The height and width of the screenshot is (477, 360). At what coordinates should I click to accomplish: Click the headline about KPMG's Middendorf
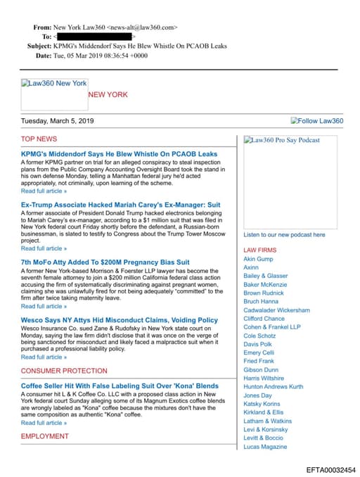tap(119, 153)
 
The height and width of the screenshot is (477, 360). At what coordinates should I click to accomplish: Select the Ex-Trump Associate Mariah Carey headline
tap(120, 205)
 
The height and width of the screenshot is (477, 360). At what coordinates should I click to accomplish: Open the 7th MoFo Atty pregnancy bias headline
tap(105, 262)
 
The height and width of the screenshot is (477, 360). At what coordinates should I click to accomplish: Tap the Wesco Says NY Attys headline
tap(119, 320)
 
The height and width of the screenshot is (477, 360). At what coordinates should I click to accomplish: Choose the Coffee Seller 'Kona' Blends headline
tap(120, 386)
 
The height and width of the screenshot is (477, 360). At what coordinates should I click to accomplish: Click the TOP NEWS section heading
tap(39, 139)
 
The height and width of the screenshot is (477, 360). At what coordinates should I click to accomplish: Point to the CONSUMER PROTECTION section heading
tap(64, 371)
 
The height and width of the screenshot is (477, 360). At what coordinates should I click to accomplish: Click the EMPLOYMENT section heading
tap(45, 436)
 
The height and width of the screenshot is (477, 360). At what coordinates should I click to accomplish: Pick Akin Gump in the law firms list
tap(258, 259)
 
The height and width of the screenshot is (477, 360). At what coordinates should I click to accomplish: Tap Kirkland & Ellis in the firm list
tap(264, 412)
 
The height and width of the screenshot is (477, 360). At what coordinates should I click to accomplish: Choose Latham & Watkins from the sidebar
tap(266, 421)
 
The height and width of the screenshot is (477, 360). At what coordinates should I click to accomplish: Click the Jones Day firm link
tap(257, 395)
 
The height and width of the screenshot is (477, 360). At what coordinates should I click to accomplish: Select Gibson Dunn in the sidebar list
tap(261, 369)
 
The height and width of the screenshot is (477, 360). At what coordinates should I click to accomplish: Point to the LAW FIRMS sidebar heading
tap(259, 250)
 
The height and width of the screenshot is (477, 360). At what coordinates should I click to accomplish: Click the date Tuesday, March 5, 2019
tap(67, 121)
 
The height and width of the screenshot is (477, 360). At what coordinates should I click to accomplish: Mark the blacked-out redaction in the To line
tap(94, 36)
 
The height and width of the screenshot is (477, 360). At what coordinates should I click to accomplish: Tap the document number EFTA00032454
tap(330, 469)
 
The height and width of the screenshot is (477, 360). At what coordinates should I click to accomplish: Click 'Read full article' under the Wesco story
tap(44, 357)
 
